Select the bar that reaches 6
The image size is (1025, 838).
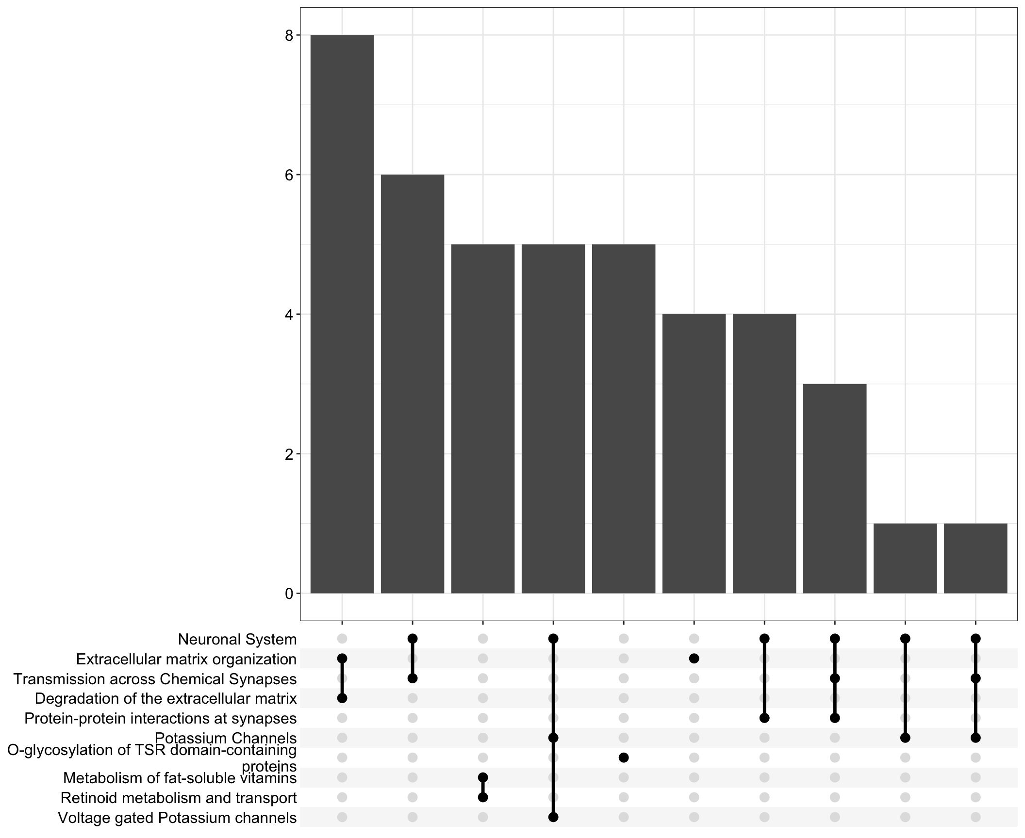412,383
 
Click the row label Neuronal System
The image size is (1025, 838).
237,639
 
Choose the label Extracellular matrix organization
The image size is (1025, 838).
186,659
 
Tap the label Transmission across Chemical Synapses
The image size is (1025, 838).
155,679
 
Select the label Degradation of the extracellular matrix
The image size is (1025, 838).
165,698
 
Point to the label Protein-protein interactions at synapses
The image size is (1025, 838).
160,718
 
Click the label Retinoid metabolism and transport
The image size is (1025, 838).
178,798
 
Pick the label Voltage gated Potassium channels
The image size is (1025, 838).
177,818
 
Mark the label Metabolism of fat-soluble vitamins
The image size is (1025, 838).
180,778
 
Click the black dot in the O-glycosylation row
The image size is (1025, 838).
624,757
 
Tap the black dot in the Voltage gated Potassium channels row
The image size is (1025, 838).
553,817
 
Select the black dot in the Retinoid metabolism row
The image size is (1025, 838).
483,797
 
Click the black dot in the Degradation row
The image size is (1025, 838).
342,698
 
